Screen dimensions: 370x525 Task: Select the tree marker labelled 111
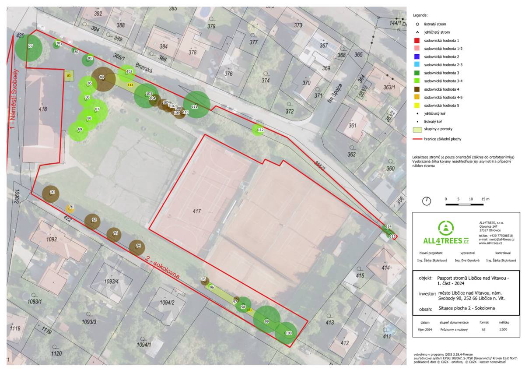tap(196, 105)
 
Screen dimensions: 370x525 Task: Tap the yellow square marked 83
tap(69, 76)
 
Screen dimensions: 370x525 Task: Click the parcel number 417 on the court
tap(197, 211)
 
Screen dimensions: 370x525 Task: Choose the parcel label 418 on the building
tap(42, 109)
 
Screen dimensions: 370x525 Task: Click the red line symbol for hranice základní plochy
tap(418, 139)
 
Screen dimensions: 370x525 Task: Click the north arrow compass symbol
tap(427, 201)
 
